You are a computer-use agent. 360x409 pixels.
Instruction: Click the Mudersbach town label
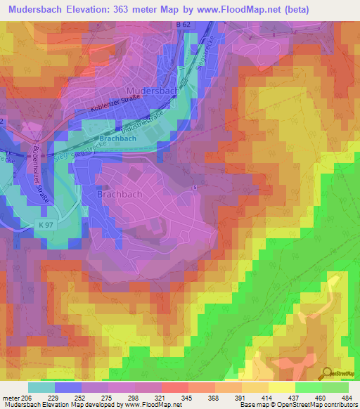(153, 91)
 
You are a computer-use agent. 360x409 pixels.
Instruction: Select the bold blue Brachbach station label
(117, 138)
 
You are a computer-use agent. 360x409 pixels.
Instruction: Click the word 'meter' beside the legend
(11, 398)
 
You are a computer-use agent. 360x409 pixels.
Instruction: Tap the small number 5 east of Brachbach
(194, 186)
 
